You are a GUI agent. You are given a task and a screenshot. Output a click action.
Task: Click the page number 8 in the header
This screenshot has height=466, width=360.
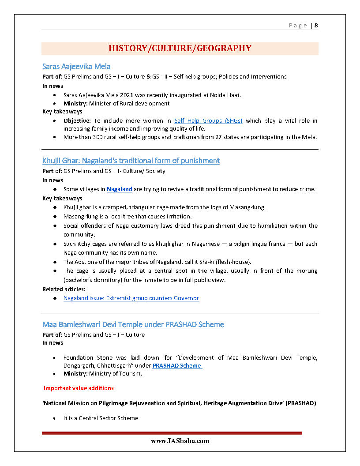(x=316, y=26)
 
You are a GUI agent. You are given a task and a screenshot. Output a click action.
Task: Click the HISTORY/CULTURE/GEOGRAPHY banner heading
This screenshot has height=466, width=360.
(x=180, y=49)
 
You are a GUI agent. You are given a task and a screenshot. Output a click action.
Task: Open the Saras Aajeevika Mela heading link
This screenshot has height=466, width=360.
(x=76, y=67)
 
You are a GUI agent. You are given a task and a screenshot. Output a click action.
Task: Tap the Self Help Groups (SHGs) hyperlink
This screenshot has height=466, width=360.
(x=208, y=121)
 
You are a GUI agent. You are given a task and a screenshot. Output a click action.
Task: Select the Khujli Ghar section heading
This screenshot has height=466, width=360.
(x=131, y=161)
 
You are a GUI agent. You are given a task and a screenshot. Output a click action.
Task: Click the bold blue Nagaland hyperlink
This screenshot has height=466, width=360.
(x=120, y=189)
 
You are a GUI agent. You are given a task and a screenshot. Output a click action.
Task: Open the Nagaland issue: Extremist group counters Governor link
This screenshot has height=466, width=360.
(x=131, y=298)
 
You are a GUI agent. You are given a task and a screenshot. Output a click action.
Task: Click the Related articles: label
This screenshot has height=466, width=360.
(x=64, y=289)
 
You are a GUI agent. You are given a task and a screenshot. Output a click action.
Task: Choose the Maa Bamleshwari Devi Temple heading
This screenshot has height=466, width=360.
(x=133, y=325)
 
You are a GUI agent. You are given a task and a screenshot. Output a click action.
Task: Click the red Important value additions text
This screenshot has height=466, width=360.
(x=79, y=388)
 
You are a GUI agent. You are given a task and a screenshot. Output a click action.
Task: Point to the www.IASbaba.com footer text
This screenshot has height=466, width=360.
(x=180, y=441)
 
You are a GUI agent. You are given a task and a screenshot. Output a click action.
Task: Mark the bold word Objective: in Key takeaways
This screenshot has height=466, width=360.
(x=77, y=121)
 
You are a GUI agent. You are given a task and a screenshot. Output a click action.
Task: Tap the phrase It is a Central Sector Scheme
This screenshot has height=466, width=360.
(x=101, y=418)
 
